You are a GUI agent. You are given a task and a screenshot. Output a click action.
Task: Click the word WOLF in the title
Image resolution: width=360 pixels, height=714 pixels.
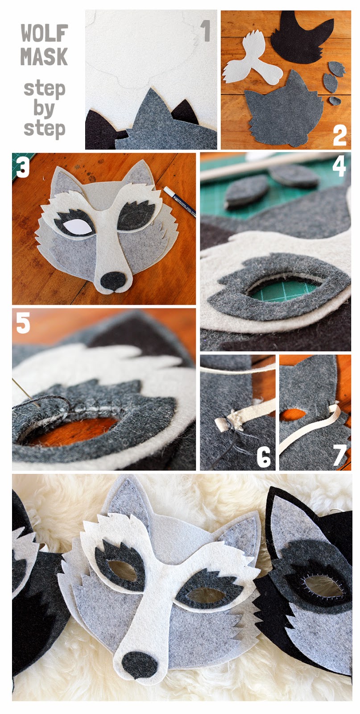coord(44,33)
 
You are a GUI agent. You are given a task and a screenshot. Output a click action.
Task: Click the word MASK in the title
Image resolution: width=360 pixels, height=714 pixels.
coord(44,56)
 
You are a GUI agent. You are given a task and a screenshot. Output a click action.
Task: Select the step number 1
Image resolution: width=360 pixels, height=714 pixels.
coord(206,31)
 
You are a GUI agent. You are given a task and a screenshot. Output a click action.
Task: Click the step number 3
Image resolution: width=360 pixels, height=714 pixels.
coord(23,167)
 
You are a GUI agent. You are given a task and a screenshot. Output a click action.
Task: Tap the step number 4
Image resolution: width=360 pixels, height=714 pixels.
coord(338,166)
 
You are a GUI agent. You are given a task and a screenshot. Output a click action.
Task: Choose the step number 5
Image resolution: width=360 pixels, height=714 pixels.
coord(23,323)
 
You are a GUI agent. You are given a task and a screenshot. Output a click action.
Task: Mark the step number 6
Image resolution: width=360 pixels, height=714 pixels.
coord(264,457)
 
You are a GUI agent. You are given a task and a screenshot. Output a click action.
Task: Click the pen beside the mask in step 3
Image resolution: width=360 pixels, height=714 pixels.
coord(179,201)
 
